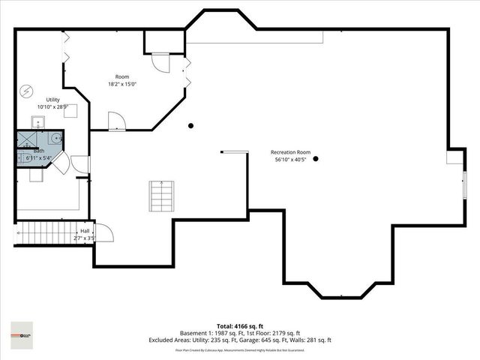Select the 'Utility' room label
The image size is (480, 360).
(x=52, y=100)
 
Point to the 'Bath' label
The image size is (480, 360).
(x=38, y=151)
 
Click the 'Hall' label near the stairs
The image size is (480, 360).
(x=85, y=231)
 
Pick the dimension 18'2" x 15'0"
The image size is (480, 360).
(x=122, y=84)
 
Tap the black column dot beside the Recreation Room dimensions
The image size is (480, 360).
(x=316, y=158)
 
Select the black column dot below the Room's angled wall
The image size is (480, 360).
(x=191, y=125)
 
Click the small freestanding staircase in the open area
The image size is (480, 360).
(x=160, y=196)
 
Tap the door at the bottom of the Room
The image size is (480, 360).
(x=116, y=121)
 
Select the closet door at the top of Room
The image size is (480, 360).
(x=160, y=63)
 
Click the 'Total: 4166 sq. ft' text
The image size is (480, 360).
(x=239, y=325)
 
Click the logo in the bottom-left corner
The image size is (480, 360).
(x=22, y=331)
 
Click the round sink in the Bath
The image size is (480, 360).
(x=55, y=139)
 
